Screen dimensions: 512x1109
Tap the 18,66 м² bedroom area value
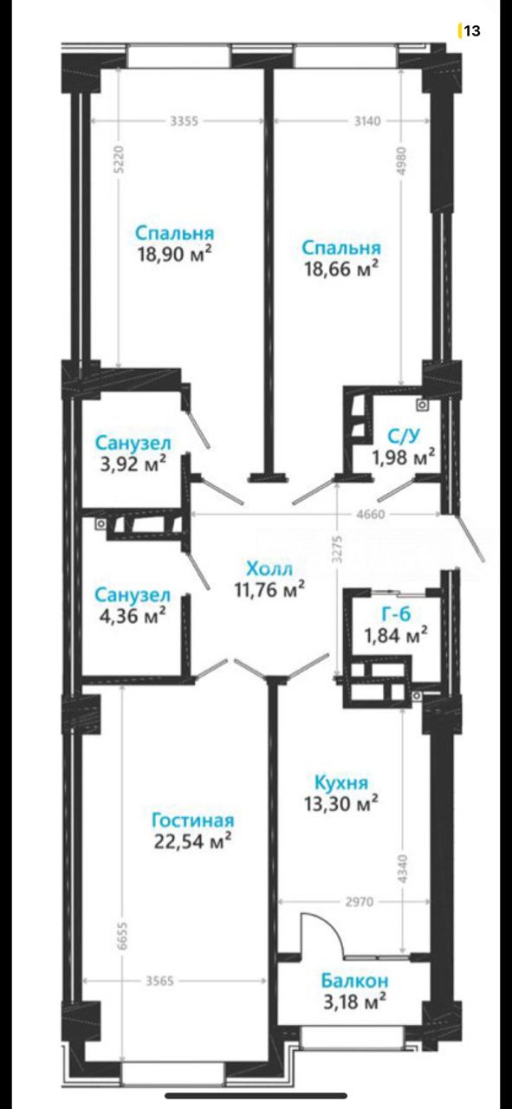[341, 269]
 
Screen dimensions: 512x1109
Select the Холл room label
[269, 567]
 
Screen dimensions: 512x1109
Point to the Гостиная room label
[192, 820]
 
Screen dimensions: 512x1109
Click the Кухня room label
[341, 782]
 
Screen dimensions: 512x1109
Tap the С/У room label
[404, 436]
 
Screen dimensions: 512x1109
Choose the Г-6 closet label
[396, 614]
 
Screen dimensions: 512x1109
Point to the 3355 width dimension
[185, 120]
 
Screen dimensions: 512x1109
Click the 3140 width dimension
[367, 120]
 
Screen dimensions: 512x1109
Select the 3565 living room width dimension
[159, 981]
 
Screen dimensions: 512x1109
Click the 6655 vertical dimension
[122, 934]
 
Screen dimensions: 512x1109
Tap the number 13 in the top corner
[472, 31]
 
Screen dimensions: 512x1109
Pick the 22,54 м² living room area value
[192, 841]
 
